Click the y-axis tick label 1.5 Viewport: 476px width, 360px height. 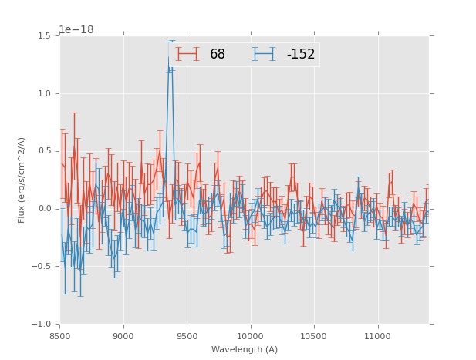pos(43,35)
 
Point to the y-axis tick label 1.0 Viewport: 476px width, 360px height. pos(43,93)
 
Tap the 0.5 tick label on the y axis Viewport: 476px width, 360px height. pos(43,151)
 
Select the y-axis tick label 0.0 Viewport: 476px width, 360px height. pos(43,209)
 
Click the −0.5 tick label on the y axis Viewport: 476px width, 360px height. pos(41,267)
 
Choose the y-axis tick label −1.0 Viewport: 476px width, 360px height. pos(41,325)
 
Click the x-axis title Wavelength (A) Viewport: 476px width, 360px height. pos(245,349)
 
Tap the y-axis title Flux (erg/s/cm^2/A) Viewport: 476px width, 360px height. pos(22,180)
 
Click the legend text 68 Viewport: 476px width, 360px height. pos(218,54)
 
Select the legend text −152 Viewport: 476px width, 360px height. pos(301,54)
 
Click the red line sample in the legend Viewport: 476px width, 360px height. pos(187,54)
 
